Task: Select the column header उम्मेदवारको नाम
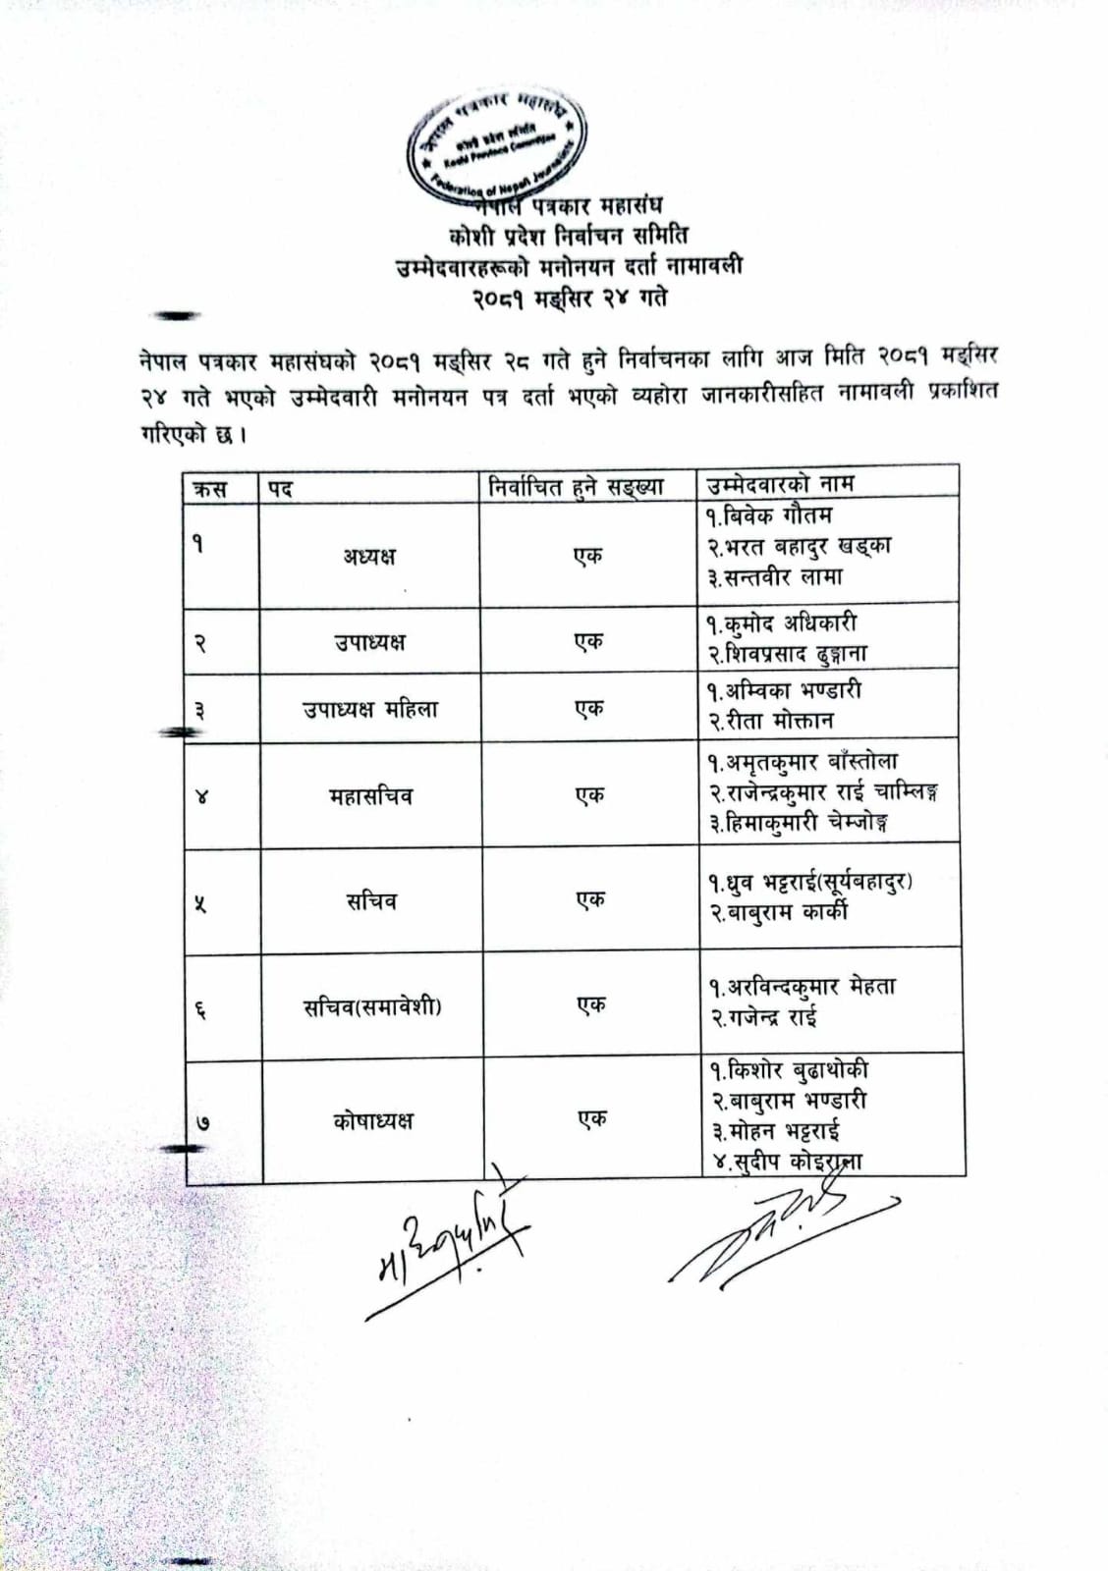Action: click(781, 483)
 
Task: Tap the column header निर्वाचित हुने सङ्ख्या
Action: click(577, 486)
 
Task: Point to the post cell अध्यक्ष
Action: click(369, 556)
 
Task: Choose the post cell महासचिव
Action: click(370, 795)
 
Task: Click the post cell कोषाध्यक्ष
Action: click(373, 1120)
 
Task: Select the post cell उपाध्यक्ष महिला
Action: click(369, 709)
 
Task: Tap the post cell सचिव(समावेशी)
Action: click(372, 1006)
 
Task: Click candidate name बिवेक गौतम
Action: click(770, 515)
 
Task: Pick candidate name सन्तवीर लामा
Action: click(776, 577)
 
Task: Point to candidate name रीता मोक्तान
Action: click(773, 721)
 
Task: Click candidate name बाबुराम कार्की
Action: click(780, 912)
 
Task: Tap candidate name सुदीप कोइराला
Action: click(786, 1163)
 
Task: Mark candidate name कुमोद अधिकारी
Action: click(782, 623)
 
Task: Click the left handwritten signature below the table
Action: click(447, 1256)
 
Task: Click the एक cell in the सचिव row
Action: click(590, 900)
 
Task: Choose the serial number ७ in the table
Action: click(201, 1122)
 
